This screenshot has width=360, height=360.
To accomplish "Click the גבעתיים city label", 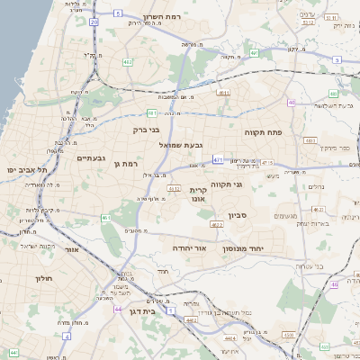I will [92, 157].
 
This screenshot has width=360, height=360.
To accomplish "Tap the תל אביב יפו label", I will [24, 169].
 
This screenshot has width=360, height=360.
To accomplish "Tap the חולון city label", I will [44, 278].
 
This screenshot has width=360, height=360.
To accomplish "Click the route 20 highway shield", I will [94, 19].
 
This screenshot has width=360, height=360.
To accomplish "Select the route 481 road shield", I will [153, 112].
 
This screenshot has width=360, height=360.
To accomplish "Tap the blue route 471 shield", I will [218, 158].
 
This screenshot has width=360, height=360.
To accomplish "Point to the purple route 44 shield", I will [119, 309].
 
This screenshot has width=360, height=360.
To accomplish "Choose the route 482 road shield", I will [129, 62].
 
